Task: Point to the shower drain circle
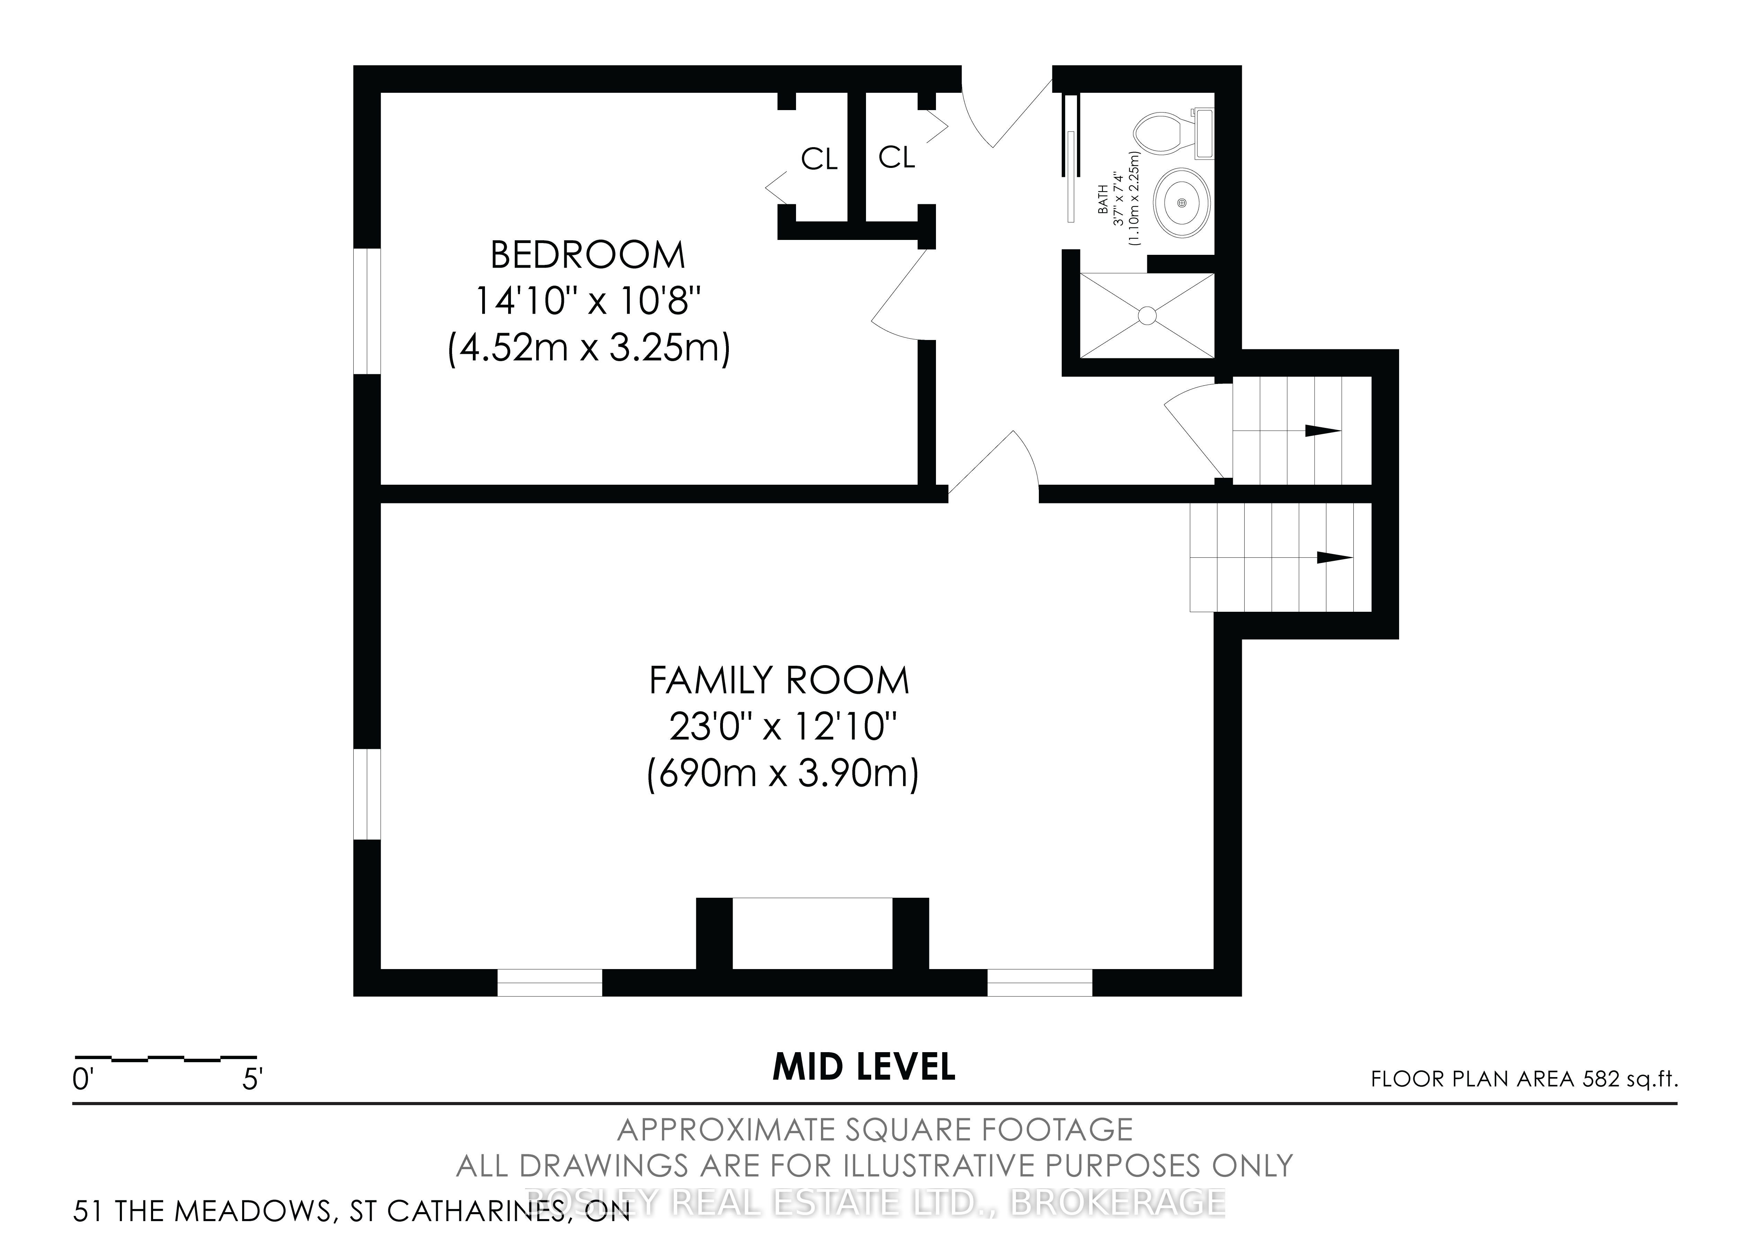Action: pyautogui.click(x=1147, y=315)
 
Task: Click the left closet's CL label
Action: pyautogui.click(x=819, y=159)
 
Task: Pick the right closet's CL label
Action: pyautogui.click(x=896, y=158)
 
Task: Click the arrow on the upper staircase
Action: pyautogui.click(x=1323, y=431)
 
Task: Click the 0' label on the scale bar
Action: pyautogui.click(x=82, y=1081)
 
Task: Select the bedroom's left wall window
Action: pyautogui.click(x=368, y=311)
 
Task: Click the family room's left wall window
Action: pyautogui.click(x=368, y=795)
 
